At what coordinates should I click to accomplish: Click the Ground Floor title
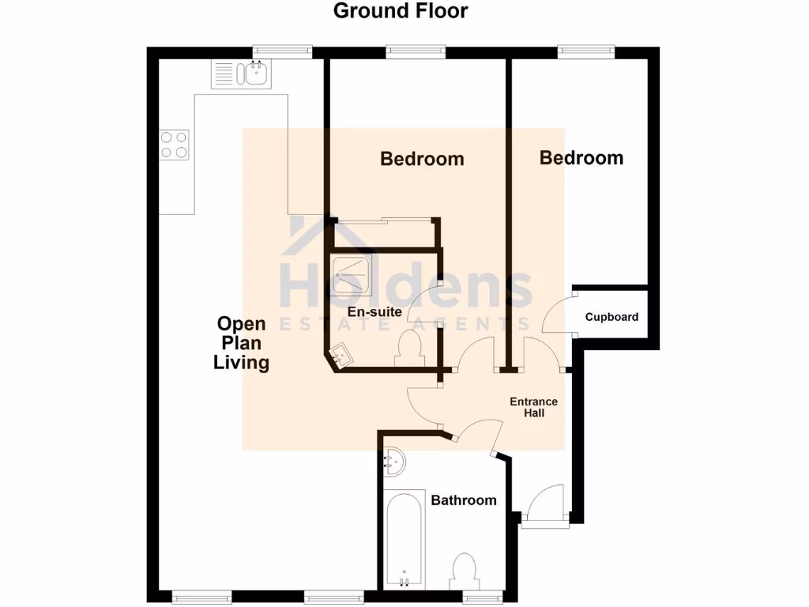click(400, 11)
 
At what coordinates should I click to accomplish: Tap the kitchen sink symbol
click(241, 74)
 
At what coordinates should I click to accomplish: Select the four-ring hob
click(175, 144)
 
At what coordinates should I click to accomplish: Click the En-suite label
click(374, 312)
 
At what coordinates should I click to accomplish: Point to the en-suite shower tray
click(352, 275)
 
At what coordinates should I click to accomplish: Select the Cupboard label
click(611, 317)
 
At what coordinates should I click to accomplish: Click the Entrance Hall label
click(533, 407)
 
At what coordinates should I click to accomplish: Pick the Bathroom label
click(464, 500)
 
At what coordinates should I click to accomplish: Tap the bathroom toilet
click(463, 571)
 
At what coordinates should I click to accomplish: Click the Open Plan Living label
click(243, 343)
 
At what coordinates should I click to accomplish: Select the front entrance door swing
click(545, 504)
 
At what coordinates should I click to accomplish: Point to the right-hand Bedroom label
click(581, 158)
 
